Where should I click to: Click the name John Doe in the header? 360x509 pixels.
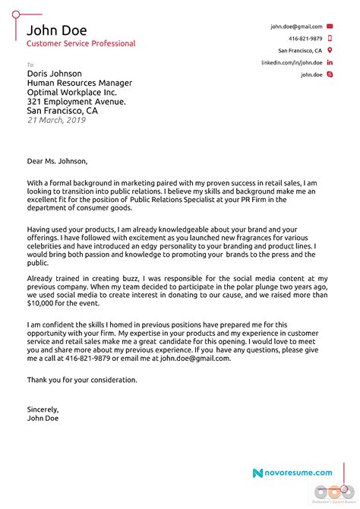(57, 30)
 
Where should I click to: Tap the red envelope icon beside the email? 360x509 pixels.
(330, 27)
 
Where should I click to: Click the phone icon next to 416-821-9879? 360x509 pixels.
(330, 38)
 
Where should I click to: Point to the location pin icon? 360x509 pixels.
(330, 50)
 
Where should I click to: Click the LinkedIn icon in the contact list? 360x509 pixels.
(330, 62)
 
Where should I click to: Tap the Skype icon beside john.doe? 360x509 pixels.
(330, 74)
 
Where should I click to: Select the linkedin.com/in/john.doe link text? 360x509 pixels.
(292, 62)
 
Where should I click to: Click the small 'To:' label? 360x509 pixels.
(31, 65)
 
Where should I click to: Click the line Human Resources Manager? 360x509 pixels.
(79, 83)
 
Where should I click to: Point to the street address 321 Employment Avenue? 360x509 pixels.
(77, 101)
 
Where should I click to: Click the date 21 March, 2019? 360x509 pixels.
(57, 119)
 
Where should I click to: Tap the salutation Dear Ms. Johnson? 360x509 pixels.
(58, 161)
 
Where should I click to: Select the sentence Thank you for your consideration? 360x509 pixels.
(82, 379)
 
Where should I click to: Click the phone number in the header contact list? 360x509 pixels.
(305, 38)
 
